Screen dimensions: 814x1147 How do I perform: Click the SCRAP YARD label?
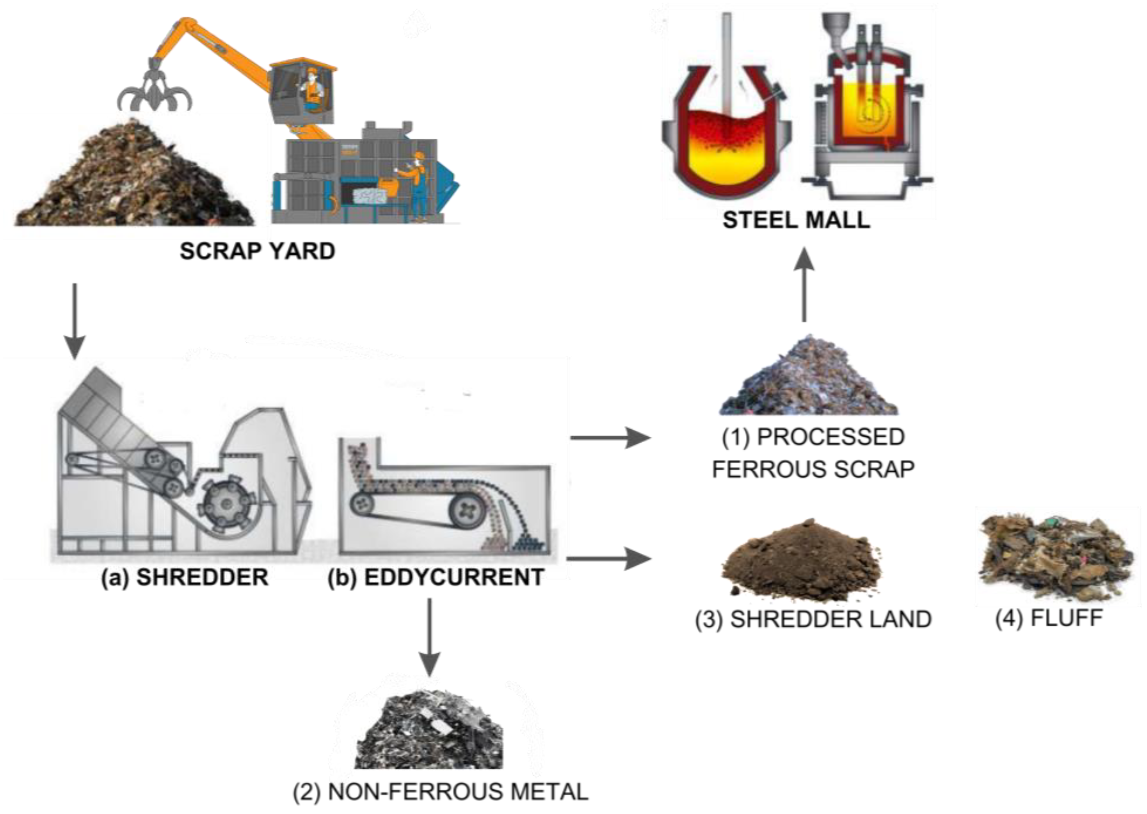258,251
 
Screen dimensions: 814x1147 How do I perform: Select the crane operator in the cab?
313,88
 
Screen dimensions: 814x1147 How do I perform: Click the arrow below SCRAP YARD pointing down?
75,321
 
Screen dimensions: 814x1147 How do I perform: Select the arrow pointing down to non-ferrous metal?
429,637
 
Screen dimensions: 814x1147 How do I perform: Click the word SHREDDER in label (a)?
202,577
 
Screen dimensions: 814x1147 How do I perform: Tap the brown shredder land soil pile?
801,564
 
